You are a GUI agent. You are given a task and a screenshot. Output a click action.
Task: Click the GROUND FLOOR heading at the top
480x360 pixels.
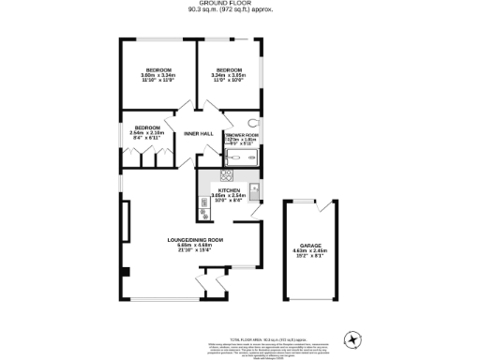point(239,5)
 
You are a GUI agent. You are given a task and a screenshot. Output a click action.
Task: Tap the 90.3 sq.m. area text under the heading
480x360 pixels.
point(239,12)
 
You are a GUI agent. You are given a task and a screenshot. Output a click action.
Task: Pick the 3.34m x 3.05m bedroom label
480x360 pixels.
point(229,74)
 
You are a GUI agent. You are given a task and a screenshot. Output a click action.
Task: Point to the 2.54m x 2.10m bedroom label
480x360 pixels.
point(147,132)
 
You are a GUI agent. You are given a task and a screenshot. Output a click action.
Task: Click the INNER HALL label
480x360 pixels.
point(199,133)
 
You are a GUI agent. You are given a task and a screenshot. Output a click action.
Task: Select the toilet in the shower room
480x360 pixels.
point(253,124)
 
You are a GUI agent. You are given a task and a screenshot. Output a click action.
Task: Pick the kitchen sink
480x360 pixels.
point(254,188)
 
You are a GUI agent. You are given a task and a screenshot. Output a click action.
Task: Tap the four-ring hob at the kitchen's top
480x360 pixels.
point(226,175)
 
